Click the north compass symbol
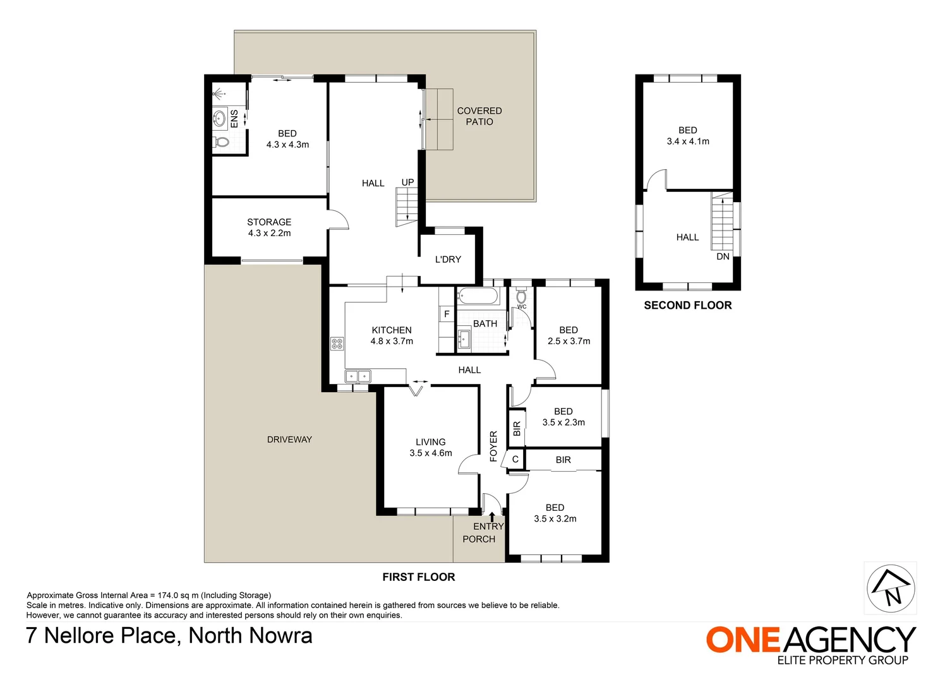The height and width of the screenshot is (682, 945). tap(891, 589)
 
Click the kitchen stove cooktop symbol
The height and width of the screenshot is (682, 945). tap(337, 344)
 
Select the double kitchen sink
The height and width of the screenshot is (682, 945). tap(358, 376)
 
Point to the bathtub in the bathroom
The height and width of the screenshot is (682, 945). tap(478, 297)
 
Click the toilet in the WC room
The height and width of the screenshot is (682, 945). tap(522, 296)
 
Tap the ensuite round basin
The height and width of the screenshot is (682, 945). tap(220, 118)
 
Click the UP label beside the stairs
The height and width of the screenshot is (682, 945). tap(407, 182)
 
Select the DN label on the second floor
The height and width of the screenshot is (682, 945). tap(723, 256)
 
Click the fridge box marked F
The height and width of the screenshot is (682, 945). tap(447, 314)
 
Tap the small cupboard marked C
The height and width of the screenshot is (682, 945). tap(515, 459)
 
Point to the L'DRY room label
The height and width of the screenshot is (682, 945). tap(448, 260)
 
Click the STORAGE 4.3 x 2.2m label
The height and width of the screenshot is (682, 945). tap(269, 227)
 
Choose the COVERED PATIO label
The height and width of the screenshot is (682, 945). tap(479, 116)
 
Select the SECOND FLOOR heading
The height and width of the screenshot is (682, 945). tap(688, 306)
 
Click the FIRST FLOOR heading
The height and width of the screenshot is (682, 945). tap(419, 577)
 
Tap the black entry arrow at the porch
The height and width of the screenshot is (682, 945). tap(492, 517)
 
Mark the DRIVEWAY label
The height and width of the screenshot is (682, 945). tap(289, 440)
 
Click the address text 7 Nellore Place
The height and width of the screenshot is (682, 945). tap(104, 636)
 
